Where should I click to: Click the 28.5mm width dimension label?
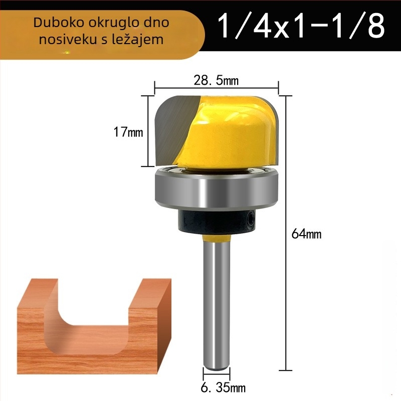pyautogui.click(x=216, y=80)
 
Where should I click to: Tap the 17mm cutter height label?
pyautogui.click(x=128, y=132)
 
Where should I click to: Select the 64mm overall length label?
pyautogui.click(x=306, y=234)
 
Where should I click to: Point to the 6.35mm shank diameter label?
pyautogui.click(x=223, y=387)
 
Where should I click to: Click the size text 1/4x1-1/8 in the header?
pyautogui.click(x=301, y=26)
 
